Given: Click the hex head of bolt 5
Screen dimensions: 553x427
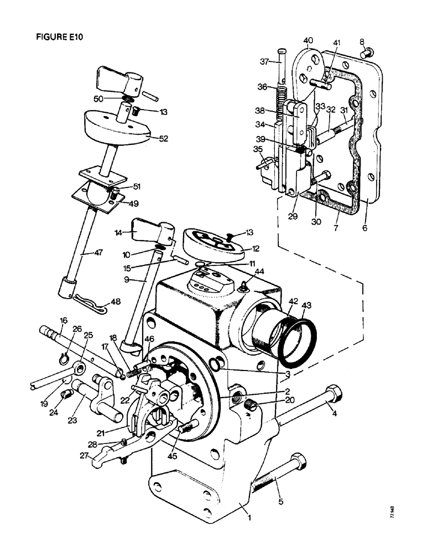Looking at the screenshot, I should click(297, 462).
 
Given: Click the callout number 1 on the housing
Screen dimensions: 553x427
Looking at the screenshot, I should click(249, 518).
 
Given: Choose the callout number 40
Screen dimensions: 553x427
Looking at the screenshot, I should click(308, 40).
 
